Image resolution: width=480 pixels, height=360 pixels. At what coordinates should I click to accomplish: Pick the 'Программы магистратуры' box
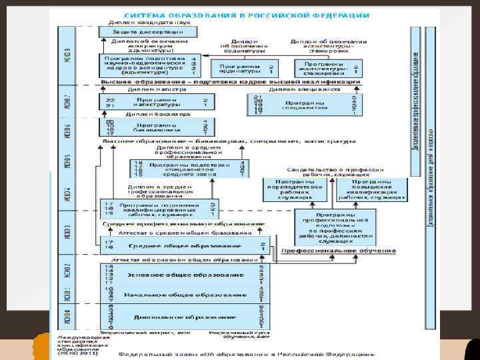[157, 102]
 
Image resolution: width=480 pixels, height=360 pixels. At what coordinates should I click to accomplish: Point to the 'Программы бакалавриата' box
[157, 127]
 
